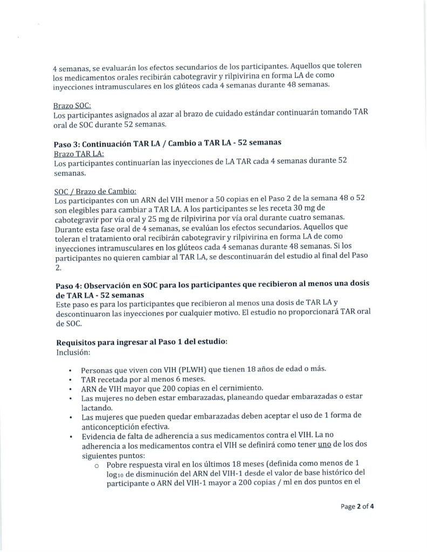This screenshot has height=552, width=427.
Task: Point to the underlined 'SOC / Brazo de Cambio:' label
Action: coord(95,190)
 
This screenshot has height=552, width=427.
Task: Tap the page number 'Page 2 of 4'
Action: coord(357,506)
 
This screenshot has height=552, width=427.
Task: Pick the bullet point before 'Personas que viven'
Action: coord(71,371)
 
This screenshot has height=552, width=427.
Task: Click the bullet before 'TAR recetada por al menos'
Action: coord(71,380)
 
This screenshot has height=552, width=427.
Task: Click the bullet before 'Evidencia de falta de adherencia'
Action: coord(71,436)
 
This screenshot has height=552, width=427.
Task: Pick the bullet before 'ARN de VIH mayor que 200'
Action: coord(71,389)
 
